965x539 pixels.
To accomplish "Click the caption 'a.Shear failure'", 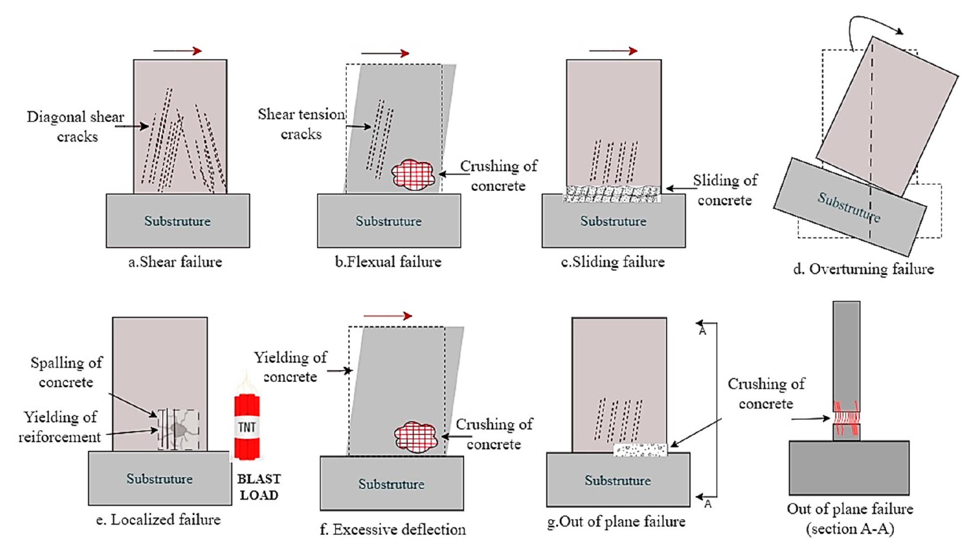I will point(175,262).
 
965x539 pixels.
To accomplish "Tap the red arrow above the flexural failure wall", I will point(385,53).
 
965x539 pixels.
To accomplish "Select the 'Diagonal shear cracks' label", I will point(76,127).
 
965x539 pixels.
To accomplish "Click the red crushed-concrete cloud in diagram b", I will point(413,175).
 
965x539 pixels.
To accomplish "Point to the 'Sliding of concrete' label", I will point(724,190).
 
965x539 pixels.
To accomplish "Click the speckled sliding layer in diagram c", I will point(612,194).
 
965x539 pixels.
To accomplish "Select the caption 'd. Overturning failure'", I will point(863,269).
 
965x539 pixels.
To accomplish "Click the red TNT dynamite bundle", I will point(247,426).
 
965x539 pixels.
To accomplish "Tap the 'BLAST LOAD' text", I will point(258,487).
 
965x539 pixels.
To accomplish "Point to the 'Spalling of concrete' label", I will point(66,372).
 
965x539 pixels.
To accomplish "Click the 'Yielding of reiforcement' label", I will point(60,427).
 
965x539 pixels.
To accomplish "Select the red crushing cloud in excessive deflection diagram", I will point(415,437).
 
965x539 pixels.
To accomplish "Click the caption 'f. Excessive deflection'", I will point(392,529).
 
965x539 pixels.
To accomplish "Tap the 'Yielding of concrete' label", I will point(290,367).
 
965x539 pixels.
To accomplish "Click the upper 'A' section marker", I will point(703,330).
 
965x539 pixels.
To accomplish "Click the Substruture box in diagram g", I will point(618,480).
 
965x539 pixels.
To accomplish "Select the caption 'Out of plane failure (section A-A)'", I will point(850,519).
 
